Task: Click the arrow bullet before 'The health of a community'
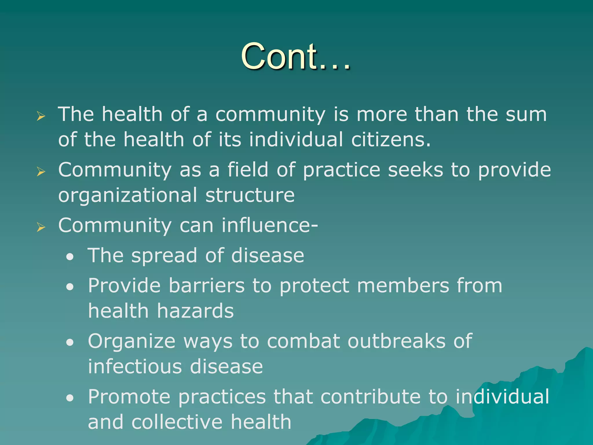41,116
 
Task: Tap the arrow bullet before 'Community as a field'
41,172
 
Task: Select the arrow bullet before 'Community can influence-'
41,227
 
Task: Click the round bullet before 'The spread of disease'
70,257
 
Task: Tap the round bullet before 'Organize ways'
70,342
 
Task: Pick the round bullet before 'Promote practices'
70,398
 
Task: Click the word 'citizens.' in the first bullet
391,139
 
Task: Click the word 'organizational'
128,195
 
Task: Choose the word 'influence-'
270,225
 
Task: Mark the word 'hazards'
195,311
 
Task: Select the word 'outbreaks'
396,341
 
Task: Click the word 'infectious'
135,366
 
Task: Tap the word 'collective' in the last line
177,422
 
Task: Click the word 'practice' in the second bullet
341,170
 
